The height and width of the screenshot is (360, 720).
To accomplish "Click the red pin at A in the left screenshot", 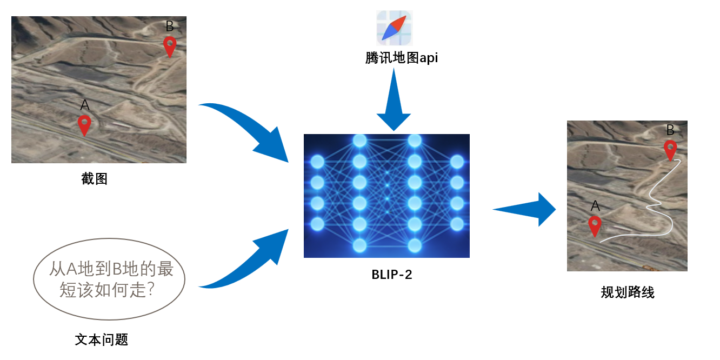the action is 84,125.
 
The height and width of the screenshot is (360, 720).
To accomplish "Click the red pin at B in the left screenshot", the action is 170,46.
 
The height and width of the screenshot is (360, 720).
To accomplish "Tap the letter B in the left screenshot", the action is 170,26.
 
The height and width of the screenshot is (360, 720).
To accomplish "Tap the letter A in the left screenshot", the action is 85,105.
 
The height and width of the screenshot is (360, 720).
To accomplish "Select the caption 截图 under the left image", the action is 94,178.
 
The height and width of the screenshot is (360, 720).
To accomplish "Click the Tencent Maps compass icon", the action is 395,28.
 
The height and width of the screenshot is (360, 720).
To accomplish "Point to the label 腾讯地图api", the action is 402,58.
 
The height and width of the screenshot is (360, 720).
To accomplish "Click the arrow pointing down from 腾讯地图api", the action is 394,99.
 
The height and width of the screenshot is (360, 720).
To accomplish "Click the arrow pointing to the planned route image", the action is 524,210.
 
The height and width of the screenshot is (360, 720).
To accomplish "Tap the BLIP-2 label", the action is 392,275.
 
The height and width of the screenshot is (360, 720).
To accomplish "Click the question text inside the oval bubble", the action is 111,279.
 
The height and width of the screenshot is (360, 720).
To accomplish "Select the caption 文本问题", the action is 102,340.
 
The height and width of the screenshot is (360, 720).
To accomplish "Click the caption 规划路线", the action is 628,292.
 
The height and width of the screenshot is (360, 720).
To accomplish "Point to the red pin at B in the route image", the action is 670,150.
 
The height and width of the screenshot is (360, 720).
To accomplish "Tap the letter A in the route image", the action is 595,206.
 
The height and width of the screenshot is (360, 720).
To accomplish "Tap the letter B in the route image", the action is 670,130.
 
